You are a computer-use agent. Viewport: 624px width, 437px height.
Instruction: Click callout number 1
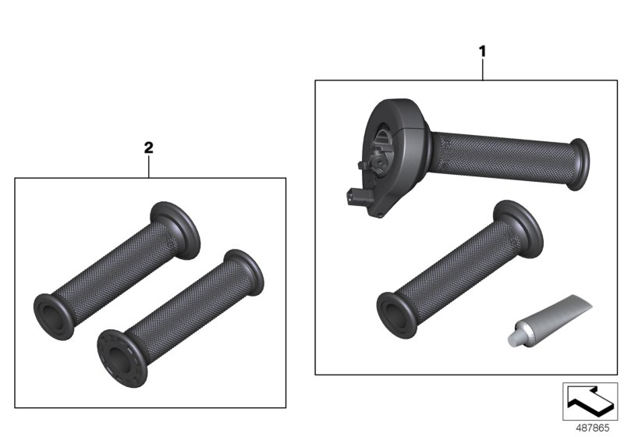pyautogui.click(x=482, y=51)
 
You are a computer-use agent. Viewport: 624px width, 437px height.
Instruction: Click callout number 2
pyautogui.click(x=149, y=147)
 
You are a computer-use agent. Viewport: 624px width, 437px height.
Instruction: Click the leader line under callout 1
pyautogui.click(x=482, y=69)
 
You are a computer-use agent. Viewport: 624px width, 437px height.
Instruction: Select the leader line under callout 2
pyautogui.click(x=149, y=165)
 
